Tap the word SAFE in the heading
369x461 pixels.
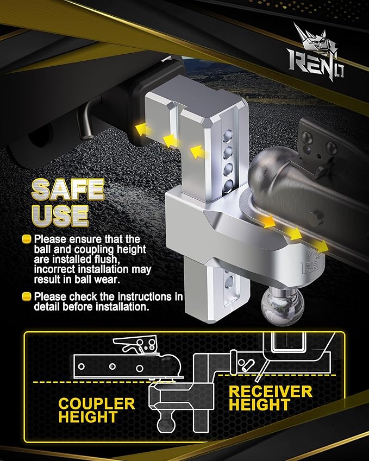(68, 188)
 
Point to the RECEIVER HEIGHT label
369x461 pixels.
(270, 398)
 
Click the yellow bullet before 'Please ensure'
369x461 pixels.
(26, 239)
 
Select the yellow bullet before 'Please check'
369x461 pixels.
(26, 296)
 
